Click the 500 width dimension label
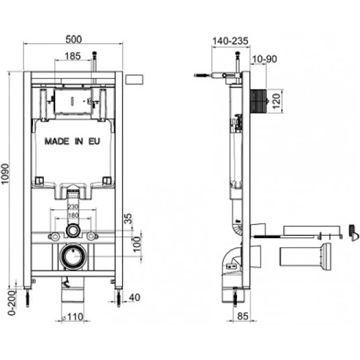(x=74, y=39)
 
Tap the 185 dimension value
(x=73, y=56)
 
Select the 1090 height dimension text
(x=5, y=174)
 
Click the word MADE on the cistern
(x=56, y=141)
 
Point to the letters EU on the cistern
(x=94, y=141)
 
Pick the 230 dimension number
(x=73, y=207)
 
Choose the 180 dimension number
(x=73, y=215)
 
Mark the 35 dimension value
(x=128, y=218)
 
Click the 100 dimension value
(x=137, y=245)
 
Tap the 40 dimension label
(x=134, y=297)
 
